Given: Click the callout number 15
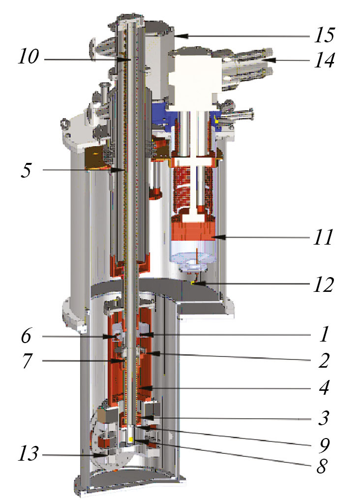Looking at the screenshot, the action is tap(325, 35).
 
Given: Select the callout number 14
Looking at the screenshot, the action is tap(325, 60).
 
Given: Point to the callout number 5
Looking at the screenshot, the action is tap(27, 170).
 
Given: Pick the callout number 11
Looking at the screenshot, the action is tap(324, 237).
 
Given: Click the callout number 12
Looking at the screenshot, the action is tap(324, 284).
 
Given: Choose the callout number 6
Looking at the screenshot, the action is tap(27, 336).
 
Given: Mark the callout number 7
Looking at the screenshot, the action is tap(27, 360).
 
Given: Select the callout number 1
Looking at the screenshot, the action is tap(325, 334).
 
